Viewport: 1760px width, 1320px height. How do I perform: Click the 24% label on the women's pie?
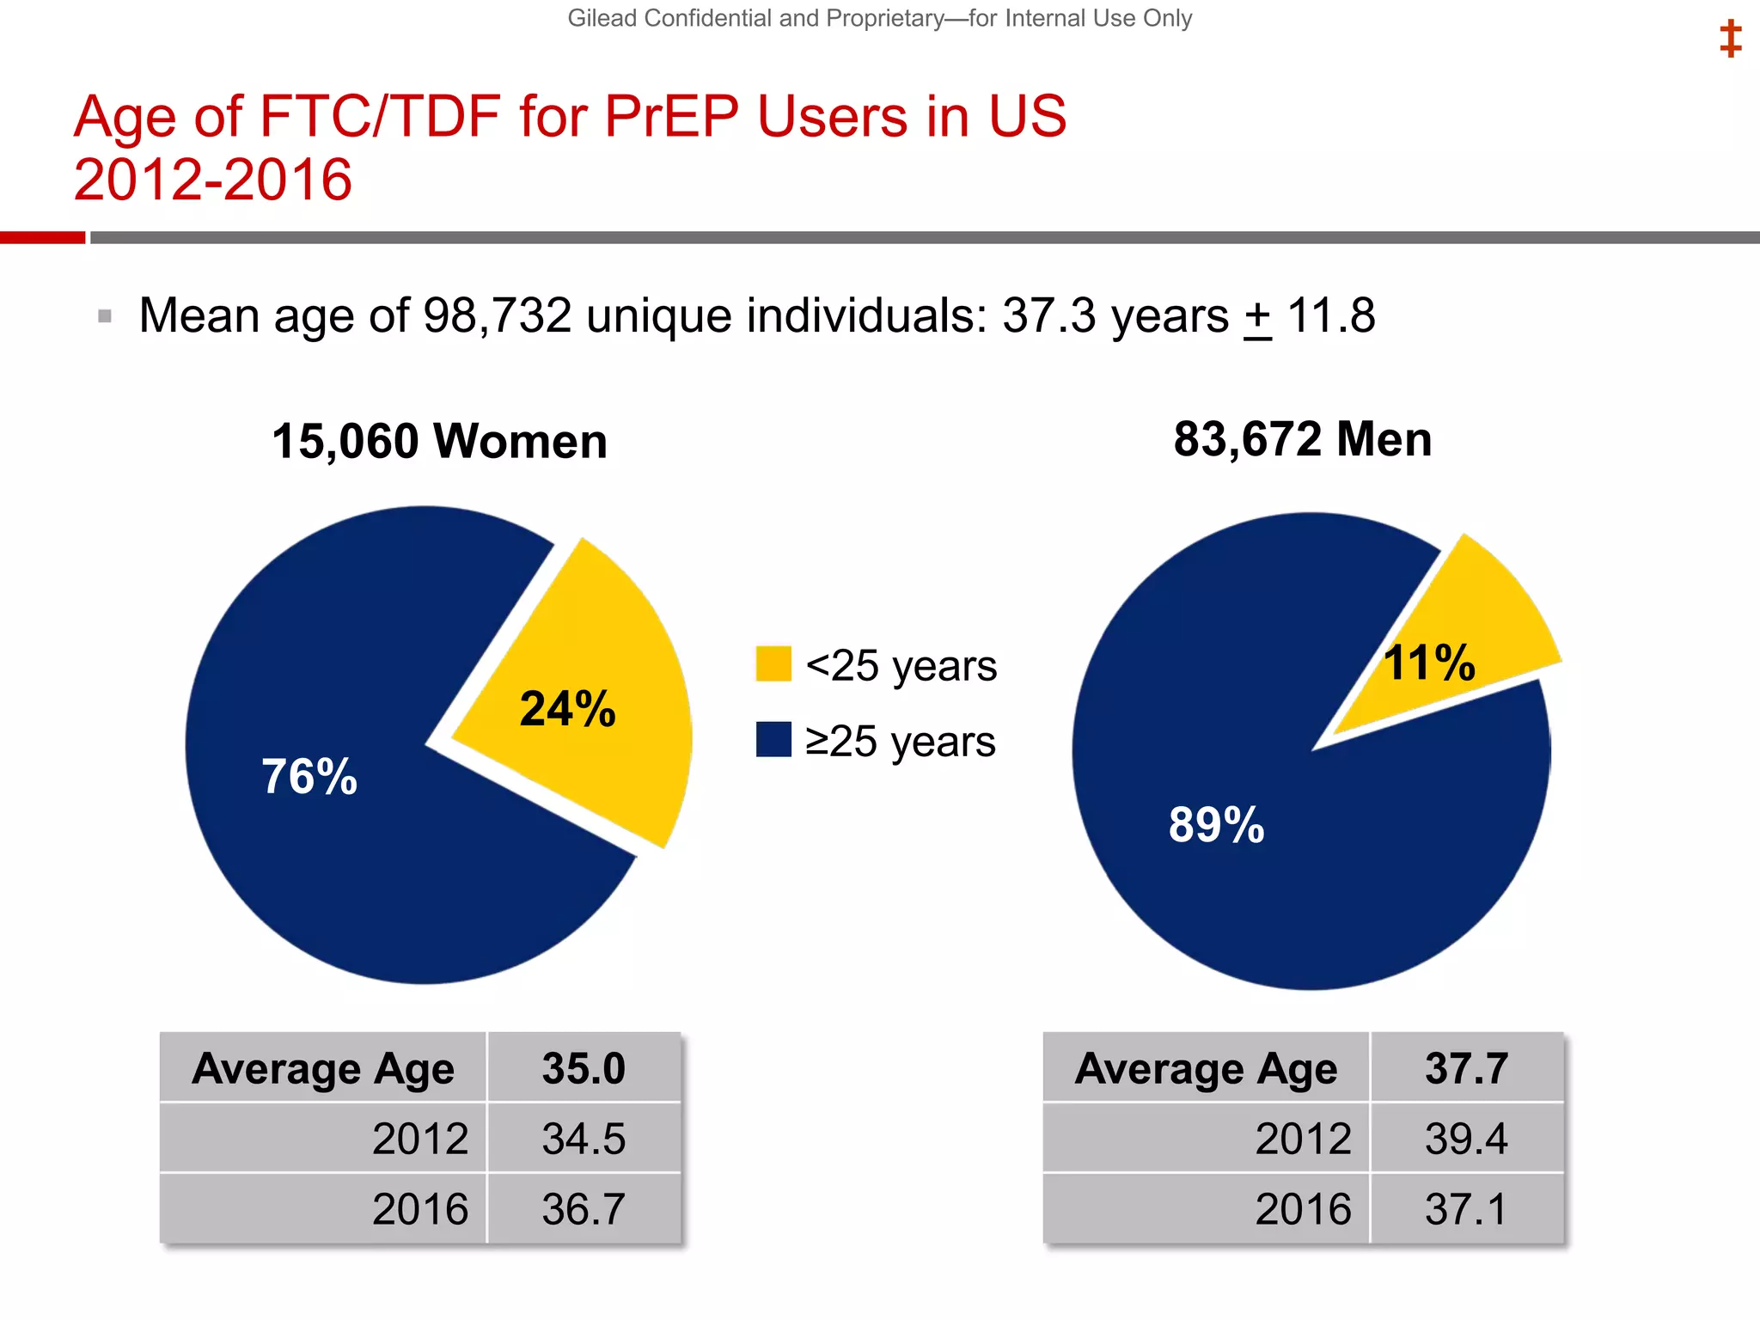click(x=567, y=710)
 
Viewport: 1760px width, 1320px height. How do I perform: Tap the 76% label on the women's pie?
click(x=309, y=777)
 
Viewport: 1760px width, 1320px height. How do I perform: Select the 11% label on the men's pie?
click(x=1429, y=663)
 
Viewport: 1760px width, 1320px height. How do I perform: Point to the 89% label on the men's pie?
click(x=1216, y=825)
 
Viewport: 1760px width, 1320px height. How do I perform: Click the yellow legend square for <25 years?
click(x=773, y=663)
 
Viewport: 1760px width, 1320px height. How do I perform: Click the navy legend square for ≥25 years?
click(x=773, y=739)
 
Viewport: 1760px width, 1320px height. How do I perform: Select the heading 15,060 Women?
click(x=439, y=442)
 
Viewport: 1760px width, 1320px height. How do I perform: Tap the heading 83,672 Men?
click(x=1303, y=439)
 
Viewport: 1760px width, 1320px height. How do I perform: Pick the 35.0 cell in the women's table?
click(x=584, y=1068)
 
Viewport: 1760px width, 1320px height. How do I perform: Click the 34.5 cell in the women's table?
click(x=584, y=1139)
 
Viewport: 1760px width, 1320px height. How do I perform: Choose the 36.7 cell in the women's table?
click(x=584, y=1209)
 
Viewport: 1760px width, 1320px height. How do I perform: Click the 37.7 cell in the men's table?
click(x=1466, y=1068)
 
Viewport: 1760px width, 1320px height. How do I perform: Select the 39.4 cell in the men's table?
click(x=1466, y=1139)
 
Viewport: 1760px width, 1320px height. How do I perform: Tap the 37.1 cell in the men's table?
click(x=1466, y=1209)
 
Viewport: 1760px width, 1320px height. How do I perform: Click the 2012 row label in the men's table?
click(x=1303, y=1139)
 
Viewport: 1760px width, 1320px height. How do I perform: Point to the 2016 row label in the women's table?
click(x=420, y=1209)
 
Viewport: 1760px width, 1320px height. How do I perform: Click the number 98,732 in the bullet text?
click(x=498, y=315)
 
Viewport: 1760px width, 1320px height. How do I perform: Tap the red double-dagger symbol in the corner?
click(x=1730, y=40)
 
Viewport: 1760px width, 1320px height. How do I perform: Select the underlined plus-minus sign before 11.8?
click(x=1257, y=318)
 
